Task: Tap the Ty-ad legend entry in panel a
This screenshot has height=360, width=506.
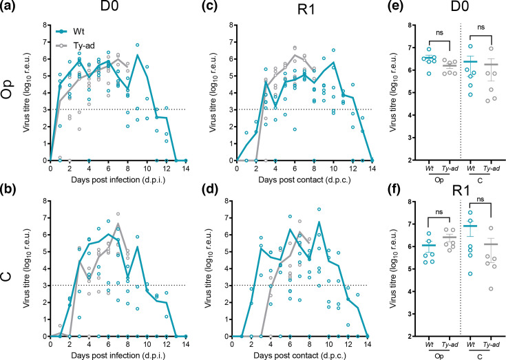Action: point(75,46)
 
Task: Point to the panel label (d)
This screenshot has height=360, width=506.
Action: point(210,190)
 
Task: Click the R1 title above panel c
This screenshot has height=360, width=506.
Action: point(306,10)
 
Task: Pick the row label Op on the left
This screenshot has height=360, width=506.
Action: point(8,87)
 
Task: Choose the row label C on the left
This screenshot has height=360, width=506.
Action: point(8,276)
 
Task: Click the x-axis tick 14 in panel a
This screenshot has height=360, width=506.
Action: point(185,169)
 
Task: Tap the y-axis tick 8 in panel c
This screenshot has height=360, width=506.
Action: point(231,25)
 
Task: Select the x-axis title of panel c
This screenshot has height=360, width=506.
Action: point(304,180)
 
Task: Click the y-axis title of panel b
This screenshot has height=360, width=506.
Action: point(27,268)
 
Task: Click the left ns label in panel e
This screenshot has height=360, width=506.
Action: point(439,33)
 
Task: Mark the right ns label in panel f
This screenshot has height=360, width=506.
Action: point(481,200)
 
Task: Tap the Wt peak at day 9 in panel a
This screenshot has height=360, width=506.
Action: point(138,54)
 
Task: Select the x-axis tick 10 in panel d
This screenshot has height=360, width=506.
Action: point(329,344)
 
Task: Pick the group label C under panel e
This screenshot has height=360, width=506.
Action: point(480,180)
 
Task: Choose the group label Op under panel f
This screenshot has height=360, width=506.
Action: point(439,356)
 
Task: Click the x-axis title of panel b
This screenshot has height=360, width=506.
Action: point(118,356)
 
